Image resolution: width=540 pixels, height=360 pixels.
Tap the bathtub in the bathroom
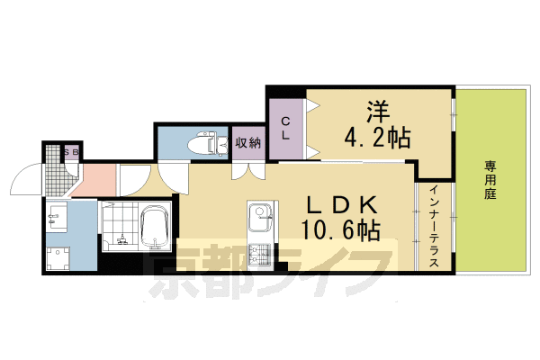tap(156, 228)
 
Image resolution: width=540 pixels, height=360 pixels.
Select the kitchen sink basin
tap(259, 213)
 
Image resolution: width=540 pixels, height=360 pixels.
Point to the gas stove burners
tap(258, 255)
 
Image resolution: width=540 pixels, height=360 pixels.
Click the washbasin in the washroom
tap(56, 216)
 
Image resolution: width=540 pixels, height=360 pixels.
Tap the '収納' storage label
tap(247, 142)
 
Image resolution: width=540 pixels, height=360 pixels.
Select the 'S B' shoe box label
tap(71, 152)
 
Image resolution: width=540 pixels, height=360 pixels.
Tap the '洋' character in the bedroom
tap(378, 112)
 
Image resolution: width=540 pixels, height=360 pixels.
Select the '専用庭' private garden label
tap(491, 180)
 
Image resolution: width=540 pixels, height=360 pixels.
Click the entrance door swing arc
tap(22, 184)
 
